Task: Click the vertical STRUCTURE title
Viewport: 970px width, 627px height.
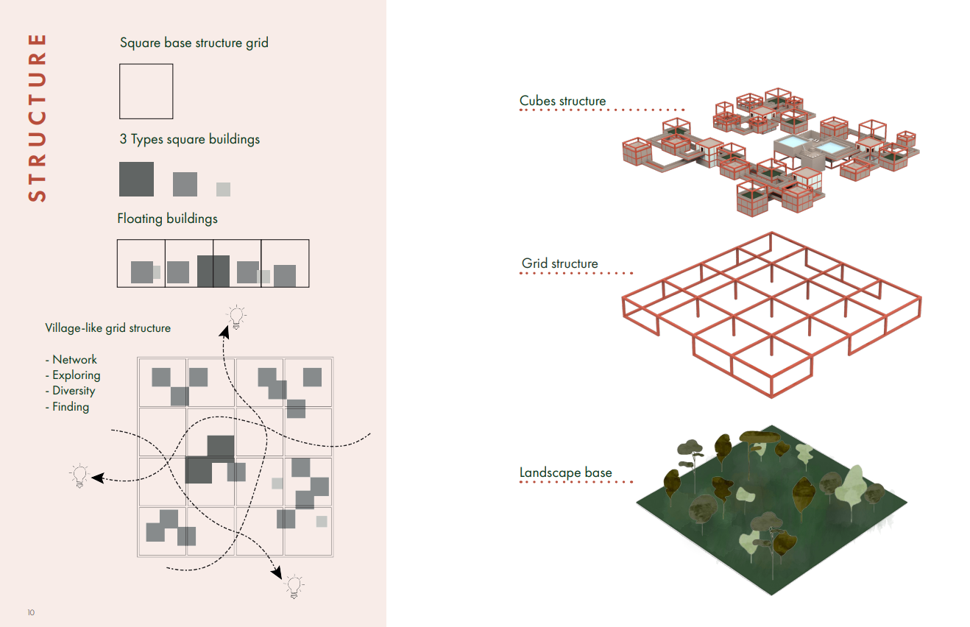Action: click(37, 117)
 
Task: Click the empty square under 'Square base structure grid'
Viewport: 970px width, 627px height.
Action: click(146, 91)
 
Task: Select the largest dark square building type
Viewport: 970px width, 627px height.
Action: click(137, 179)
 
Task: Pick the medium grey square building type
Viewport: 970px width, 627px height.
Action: click(185, 184)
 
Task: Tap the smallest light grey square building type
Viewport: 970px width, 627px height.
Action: click(223, 189)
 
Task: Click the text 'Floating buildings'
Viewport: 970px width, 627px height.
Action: click(167, 219)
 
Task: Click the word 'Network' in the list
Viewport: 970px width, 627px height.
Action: click(74, 359)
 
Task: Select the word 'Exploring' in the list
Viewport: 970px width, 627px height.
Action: click(76, 375)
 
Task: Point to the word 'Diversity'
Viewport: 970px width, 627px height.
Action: click(74, 391)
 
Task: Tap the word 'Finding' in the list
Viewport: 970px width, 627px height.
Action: click(71, 406)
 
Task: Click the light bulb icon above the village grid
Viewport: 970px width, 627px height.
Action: click(236, 316)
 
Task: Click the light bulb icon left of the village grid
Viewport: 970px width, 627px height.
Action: click(79, 475)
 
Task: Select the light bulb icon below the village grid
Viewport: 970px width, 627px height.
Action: click(294, 586)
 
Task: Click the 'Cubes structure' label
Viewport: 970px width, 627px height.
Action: click(562, 101)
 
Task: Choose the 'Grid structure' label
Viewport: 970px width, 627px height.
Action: click(559, 263)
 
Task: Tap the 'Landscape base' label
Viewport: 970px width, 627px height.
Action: click(565, 472)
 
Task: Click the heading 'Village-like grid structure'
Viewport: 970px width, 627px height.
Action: click(107, 328)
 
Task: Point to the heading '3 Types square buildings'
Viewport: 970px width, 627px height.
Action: click(189, 139)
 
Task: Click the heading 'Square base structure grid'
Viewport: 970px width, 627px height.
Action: click(194, 43)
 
